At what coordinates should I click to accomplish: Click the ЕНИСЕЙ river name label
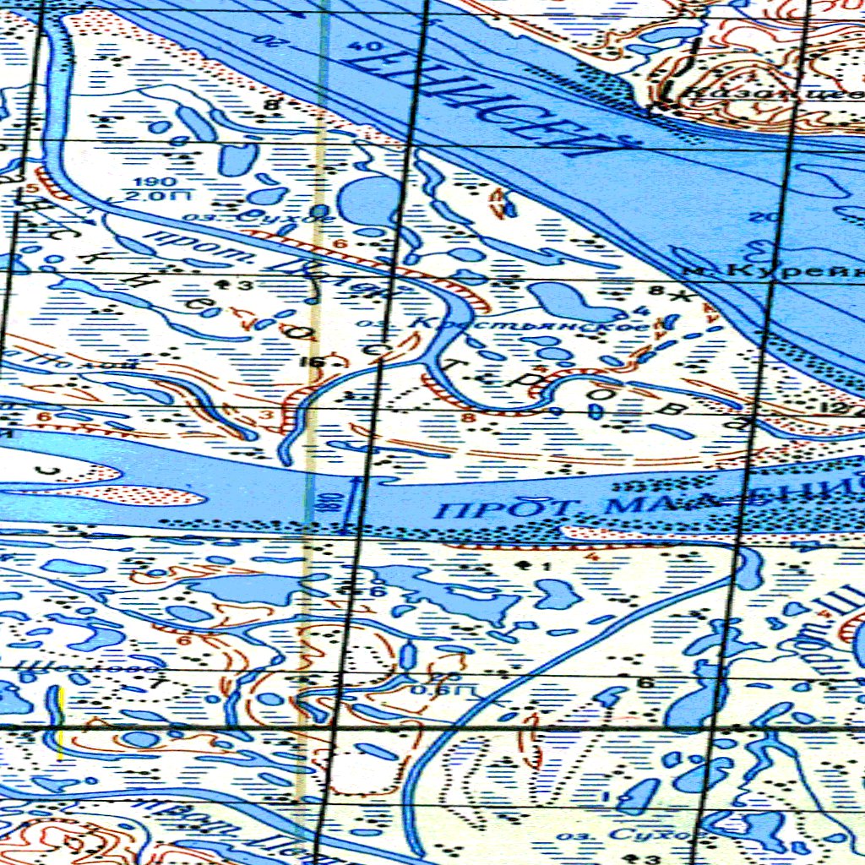pos(490,101)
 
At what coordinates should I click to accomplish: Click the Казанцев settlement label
pos(760,95)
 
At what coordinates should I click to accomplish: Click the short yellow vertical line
pos(60,722)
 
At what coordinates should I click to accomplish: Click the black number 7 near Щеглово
pos(154,684)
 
